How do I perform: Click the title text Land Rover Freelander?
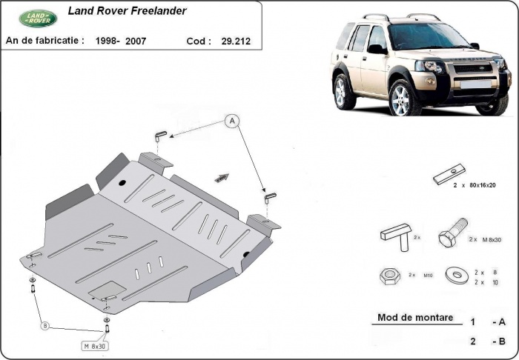(127, 11)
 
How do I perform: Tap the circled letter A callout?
(232, 121)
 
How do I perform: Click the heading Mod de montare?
(414, 318)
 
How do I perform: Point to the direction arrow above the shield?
(222, 177)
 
